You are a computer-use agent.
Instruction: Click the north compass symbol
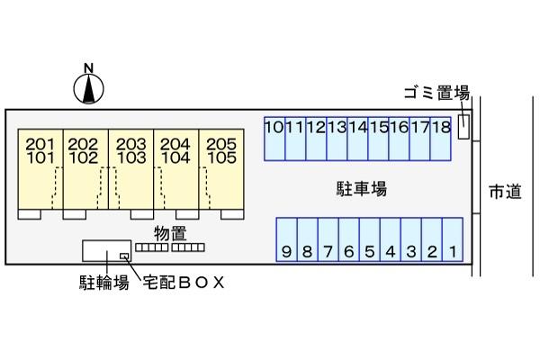(88, 89)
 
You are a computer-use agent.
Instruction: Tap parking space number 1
(453, 239)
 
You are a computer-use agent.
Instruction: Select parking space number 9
(286, 239)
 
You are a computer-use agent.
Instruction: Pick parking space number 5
(370, 239)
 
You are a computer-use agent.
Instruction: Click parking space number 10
(274, 139)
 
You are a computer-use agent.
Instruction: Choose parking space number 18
(441, 139)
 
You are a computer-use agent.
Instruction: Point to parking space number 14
(358, 139)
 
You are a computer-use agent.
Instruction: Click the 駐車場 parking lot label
(362, 189)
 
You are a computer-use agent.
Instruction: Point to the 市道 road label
(505, 191)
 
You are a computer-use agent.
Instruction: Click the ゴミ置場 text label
(437, 93)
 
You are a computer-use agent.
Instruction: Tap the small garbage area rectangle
(463, 127)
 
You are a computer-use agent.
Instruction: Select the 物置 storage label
(170, 234)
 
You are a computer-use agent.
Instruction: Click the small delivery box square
(124, 256)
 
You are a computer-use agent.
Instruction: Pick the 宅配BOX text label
(184, 283)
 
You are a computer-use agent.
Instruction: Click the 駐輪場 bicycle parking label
(104, 283)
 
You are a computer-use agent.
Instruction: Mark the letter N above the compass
(89, 68)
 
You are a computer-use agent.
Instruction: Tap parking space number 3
(411, 239)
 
